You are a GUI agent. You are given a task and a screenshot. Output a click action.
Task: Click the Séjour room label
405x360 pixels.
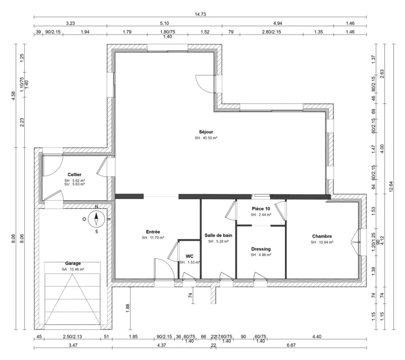(x=206, y=132)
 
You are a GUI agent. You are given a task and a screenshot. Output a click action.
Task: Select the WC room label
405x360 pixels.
(x=190, y=256)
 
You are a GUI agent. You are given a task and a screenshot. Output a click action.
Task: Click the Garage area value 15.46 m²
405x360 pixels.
(x=72, y=269)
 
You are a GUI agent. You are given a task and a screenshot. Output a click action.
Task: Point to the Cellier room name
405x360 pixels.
(x=75, y=174)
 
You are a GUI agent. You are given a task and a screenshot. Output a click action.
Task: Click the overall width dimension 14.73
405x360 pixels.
(x=200, y=14)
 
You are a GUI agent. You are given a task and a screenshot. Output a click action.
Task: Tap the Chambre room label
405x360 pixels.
(x=322, y=236)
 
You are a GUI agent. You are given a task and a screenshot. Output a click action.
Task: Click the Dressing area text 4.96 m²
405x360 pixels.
(x=260, y=255)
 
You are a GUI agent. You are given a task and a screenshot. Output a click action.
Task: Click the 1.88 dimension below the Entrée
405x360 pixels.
(x=127, y=308)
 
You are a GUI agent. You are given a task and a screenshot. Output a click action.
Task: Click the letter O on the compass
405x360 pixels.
(x=84, y=219)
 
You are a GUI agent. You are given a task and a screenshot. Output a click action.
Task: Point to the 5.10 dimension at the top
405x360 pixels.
(x=164, y=24)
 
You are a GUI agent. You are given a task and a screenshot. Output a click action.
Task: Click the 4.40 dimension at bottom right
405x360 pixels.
(x=316, y=336)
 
